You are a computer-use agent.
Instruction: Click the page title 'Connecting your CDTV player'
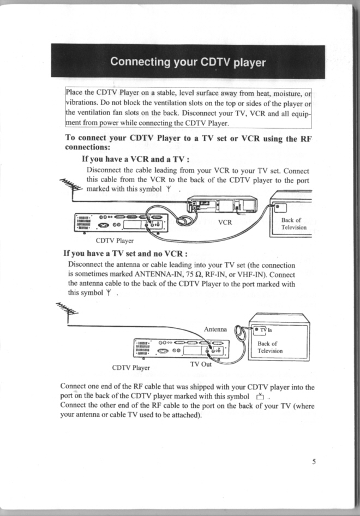point(188,62)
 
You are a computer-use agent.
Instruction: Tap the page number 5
point(314,461)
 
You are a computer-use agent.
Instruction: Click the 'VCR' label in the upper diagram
point(225,222)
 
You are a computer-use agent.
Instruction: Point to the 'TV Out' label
point(201,364)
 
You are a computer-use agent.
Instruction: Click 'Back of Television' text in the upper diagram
point(294,223)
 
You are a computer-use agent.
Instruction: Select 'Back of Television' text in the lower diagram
point(270,347)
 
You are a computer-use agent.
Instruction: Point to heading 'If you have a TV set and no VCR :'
point(126,254)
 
